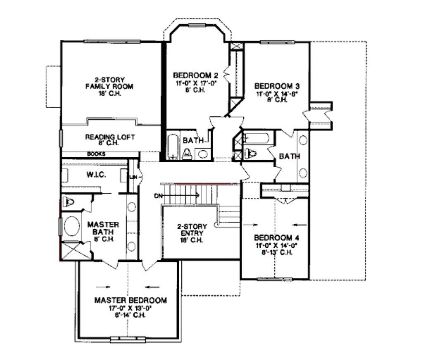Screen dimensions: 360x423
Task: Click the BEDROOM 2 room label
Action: (x=195, y=75)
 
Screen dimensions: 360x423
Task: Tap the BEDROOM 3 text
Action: (x=277, y=86)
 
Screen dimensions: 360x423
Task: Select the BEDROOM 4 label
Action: (x=276, y=238)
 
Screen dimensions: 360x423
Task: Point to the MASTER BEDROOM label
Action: (x=131, y=300)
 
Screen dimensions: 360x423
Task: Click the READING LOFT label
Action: (x=109, y=137)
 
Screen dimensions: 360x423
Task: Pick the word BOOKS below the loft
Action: (x=96, y=154)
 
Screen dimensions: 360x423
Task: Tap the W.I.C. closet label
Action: (x=96, y=175)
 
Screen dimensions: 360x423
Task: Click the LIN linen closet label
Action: (x=133, y=177)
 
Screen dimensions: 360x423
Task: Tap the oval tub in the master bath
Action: (x=72, y=227)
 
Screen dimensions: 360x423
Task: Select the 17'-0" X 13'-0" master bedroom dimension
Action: (x=131, y=308)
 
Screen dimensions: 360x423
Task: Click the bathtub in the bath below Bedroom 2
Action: (x=172, y=146)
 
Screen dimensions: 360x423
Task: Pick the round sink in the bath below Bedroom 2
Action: (x=202, y=154)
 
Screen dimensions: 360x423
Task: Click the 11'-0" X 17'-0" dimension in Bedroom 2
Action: (x=195, y=83)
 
